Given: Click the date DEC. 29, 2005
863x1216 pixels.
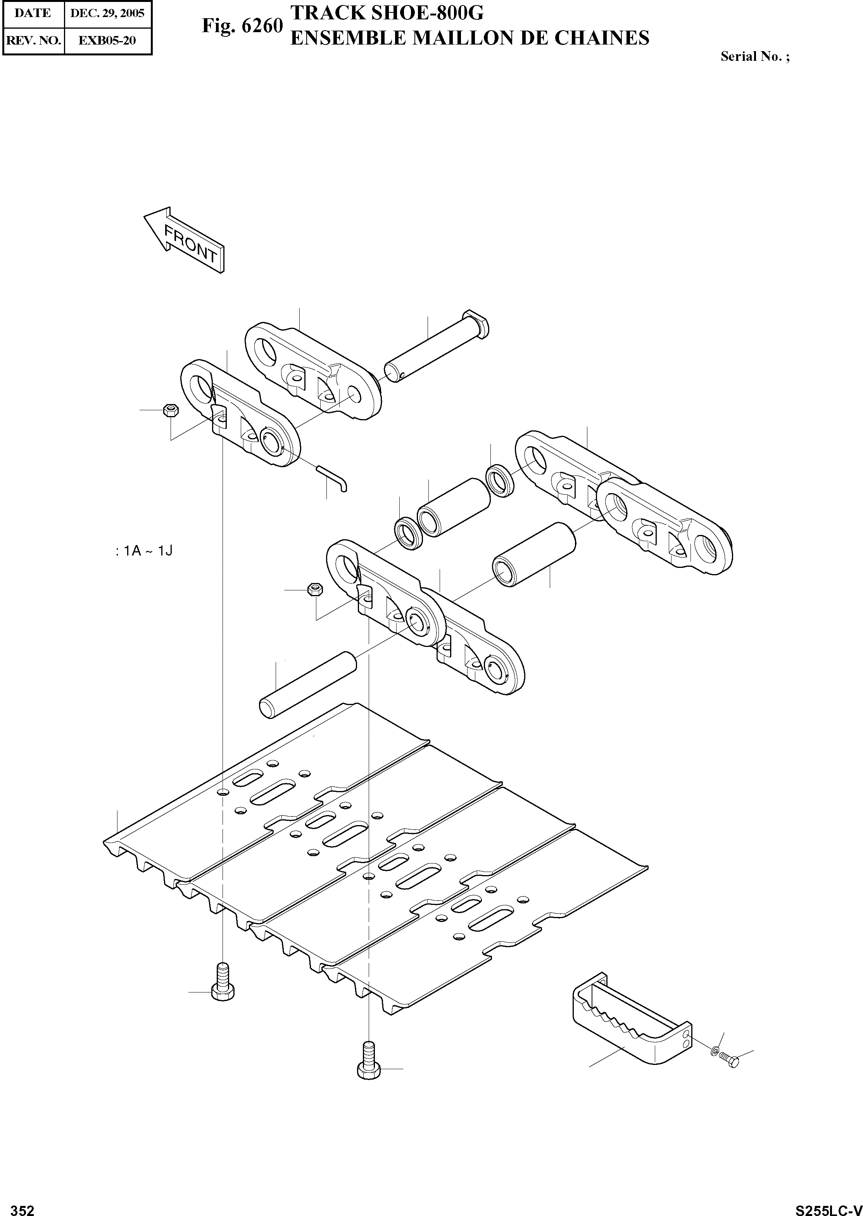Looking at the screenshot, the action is click(107, 13).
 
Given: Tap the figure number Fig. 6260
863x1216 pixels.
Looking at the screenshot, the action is click(242, 26).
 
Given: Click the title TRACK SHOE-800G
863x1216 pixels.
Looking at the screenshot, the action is click(387, 13).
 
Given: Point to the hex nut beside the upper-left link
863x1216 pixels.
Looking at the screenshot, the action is click(171, 409).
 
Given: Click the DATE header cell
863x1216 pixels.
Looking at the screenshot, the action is click(33, 13).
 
